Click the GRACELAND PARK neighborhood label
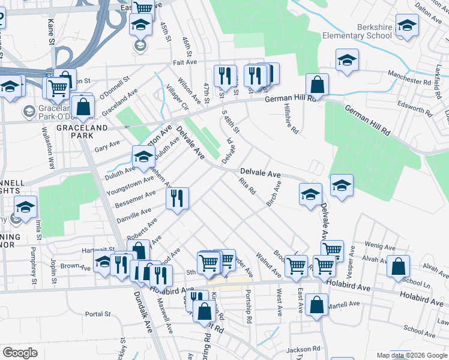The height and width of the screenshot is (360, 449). [x=82, y=128]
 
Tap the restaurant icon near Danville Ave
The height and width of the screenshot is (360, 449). [x=177, y=198]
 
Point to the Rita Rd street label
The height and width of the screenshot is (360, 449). [x=248, y=187]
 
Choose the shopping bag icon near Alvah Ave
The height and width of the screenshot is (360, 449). [x=398, y=266]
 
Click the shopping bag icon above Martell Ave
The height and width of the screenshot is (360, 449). [x=316, y=304]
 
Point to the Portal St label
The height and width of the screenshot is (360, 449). [x=98, y=314]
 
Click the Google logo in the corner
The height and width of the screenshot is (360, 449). [x=20, y=353]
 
